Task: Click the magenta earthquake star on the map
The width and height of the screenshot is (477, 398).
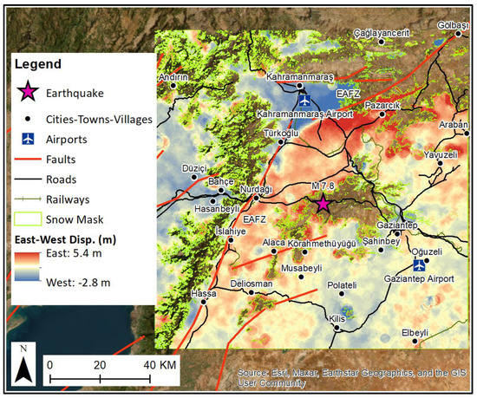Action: [x=323, y=204]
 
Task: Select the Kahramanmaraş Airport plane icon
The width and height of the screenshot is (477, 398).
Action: [x=304, y=101]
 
